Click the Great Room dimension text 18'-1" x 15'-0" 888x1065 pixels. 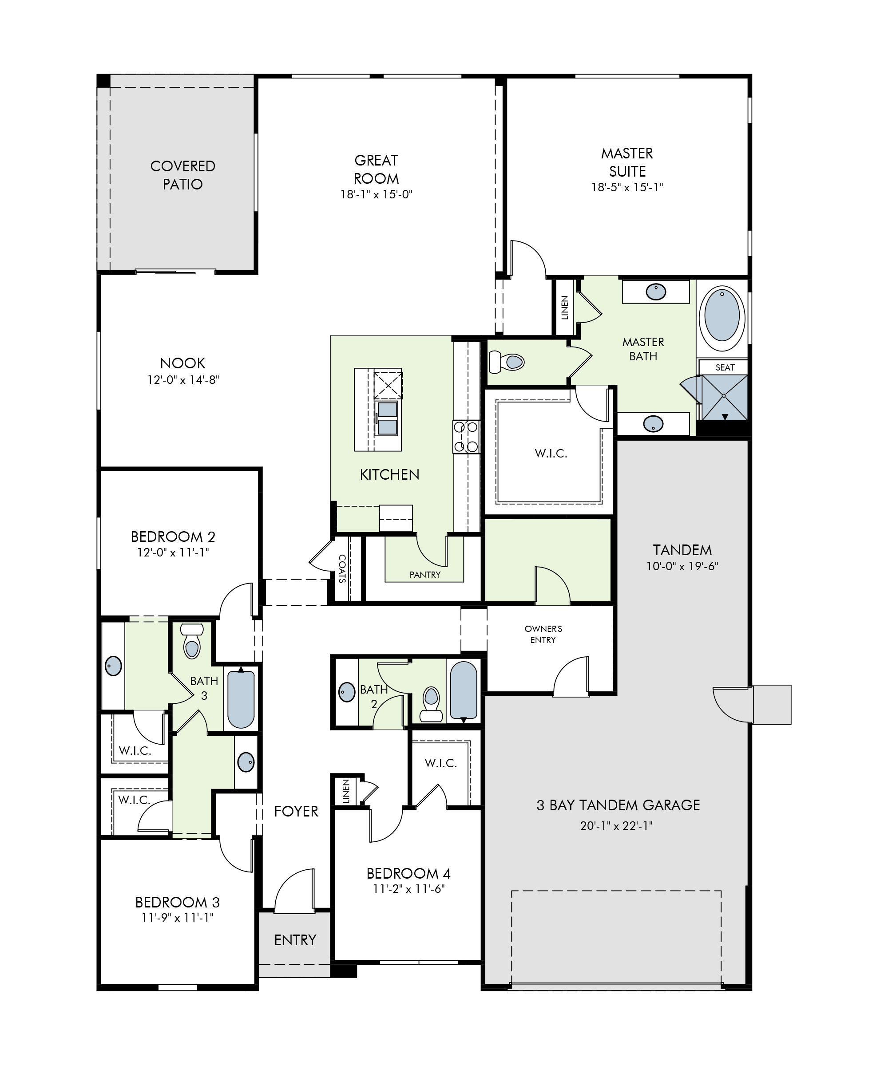coord(376,194)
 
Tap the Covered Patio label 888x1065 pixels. coord(182,175)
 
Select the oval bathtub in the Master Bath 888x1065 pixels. coord(722,315)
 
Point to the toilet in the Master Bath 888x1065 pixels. coord(506,362)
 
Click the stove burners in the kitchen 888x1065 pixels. coord(466,436)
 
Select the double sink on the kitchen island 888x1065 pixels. coord(388,418)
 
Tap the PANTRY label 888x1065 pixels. coord(425,575)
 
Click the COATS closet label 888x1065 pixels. coord(342,568)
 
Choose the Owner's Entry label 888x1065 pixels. coord(543,634)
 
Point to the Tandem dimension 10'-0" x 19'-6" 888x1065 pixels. coord(682,566)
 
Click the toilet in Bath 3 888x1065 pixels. coord(192,641)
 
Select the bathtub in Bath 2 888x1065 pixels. coord(463,691)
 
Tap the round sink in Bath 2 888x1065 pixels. coord(347,692)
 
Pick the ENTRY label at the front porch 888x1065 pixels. coord(295,940)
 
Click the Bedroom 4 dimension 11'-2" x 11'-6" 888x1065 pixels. coord(409,888)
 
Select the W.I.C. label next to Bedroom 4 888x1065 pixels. coord(441,763)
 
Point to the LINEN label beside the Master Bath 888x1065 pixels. coord(564,308)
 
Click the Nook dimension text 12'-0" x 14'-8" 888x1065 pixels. coord(183,380)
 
